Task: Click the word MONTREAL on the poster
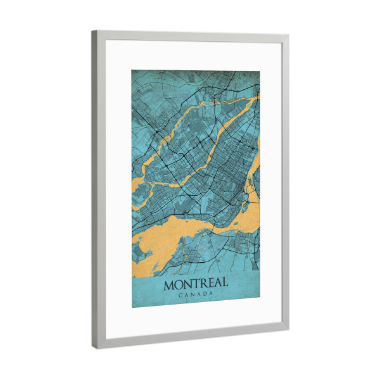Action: (196, 284)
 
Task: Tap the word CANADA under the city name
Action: (196, 295)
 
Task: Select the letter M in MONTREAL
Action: (170, 285)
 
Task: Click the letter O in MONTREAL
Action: (179, 285)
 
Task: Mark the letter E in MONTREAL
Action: (210, 284)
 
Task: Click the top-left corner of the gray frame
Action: (92, 31)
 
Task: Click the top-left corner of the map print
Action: (132, 68)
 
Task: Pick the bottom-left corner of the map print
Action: (132, 308)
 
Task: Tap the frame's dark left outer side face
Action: (94, 190)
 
